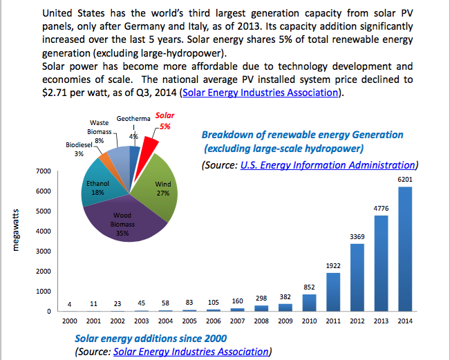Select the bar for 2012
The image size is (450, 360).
[x=357, y=277]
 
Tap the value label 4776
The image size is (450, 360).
[x=381, y=207]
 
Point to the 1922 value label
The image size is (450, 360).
[x=332, y=265]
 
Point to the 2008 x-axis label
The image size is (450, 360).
[x=261, y=321]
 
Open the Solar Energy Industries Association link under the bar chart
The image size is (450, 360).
[x=190, y=352]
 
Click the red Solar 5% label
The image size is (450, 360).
[x=165, y=122]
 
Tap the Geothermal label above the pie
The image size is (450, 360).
[x=133, y=119]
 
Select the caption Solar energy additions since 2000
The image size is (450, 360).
[x=151, y=338]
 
